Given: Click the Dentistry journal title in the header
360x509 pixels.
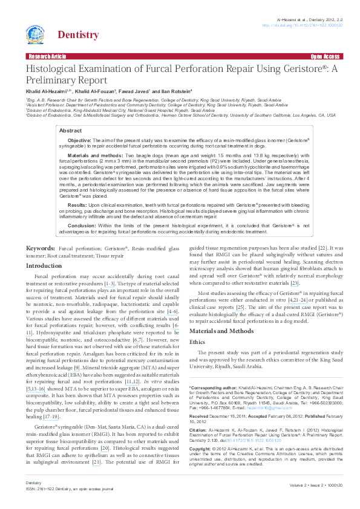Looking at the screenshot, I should [x=77, y=35].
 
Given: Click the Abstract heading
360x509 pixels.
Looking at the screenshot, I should [x=70, y=130].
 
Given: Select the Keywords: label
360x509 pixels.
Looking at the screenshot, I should [x=41, y=248].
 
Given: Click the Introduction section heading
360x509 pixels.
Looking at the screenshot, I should [x=44, y=265].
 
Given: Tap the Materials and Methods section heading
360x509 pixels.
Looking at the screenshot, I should [x=221, y=331].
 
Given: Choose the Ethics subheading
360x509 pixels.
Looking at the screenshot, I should [x=197, y=342].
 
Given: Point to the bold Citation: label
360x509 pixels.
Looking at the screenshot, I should [x=200, y=430].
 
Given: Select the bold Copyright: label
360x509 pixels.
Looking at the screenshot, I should [x=202, y=450].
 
